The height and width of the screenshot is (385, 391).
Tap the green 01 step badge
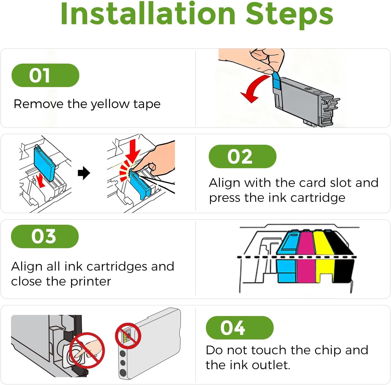45,75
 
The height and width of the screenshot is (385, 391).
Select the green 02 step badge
243,156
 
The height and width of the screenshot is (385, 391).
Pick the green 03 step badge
45,236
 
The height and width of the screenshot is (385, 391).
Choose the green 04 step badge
240,328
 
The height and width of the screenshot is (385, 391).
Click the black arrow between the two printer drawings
84,173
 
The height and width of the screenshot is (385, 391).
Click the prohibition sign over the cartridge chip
128,336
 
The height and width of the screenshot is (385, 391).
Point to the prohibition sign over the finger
87,351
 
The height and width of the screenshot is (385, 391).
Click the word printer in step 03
91,282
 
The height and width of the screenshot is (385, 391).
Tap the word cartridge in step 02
318,198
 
